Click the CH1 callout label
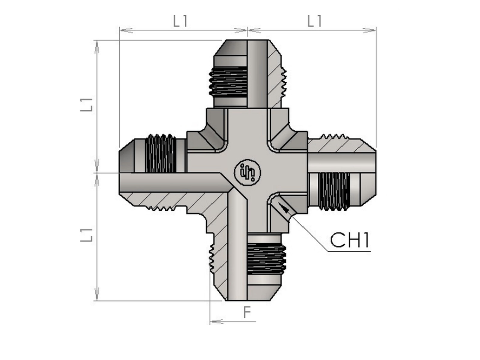349,240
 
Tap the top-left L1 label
180,21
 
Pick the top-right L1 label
314,21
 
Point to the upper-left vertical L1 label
86,105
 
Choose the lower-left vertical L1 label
86,235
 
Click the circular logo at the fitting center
247,172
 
